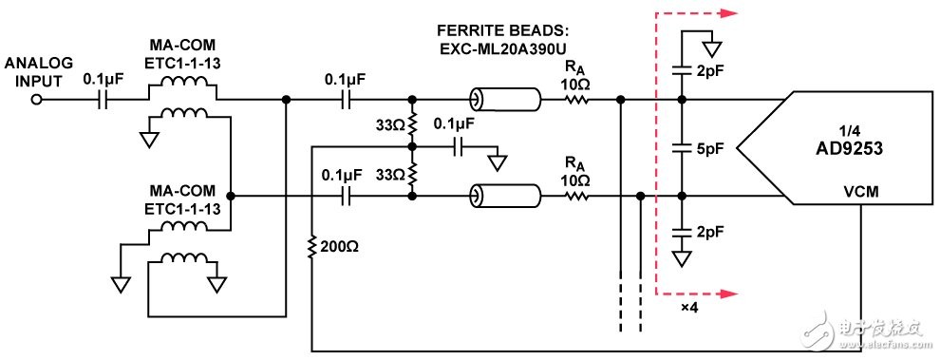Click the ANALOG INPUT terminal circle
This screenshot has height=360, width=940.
[37, 101]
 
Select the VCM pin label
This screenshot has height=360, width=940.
[860, 193]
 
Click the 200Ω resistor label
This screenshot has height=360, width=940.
[338, 247]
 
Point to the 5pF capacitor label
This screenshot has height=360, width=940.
[710, 147]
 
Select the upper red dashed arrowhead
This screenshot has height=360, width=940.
[727, 12]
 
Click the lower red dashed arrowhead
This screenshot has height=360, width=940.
[727, 294]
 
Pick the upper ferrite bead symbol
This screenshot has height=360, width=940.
[503, 100]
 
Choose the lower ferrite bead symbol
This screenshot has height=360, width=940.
[503, 196]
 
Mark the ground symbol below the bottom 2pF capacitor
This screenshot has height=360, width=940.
[681, 259]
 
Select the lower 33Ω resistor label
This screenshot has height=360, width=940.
[391, 175]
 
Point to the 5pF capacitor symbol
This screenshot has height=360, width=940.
[681, 147]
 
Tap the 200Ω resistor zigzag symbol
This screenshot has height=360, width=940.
[311, 247]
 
